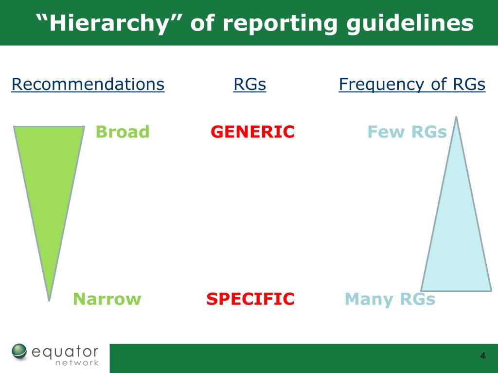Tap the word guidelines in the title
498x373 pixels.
pos(409,23)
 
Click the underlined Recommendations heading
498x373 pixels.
pos(88,85)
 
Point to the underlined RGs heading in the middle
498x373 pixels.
pos(249,85)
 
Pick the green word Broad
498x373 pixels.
pos(123,132)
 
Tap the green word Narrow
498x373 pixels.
pos(107,299)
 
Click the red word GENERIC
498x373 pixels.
pos(252,132)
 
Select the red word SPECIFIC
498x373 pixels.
pos(250,299)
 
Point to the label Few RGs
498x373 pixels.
pos(407,132)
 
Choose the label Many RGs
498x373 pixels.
pos(390,299)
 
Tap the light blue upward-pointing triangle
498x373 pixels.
pos(456,233)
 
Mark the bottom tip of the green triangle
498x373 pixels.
pos(49,299)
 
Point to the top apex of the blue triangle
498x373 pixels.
pos(456,118)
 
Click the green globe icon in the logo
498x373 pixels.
pos(20,352)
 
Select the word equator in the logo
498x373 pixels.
pos(66,351)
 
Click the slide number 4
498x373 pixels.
pos(482,356)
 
